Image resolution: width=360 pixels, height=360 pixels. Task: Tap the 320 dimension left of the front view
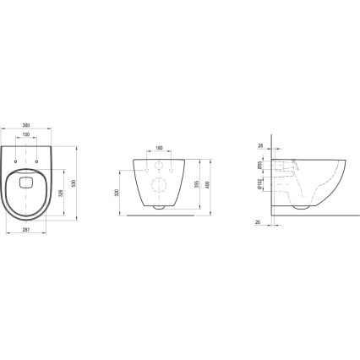click(x=116, y=192)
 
